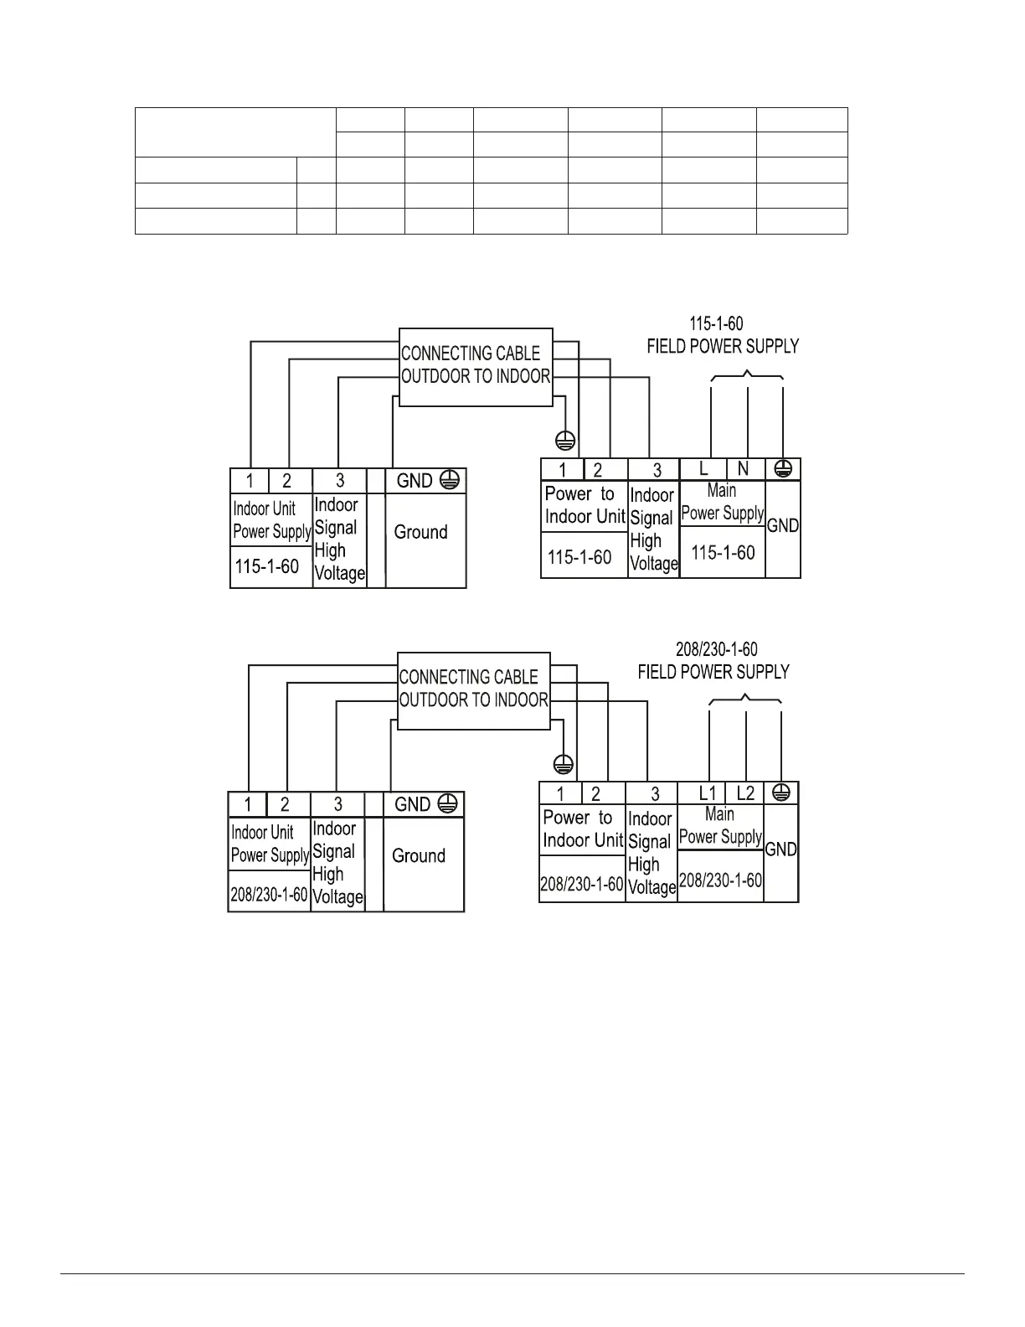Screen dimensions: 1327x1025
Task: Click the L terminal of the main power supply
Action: point(703,470)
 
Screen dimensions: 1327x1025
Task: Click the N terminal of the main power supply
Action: point(743,470)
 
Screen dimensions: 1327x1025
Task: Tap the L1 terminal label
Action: point(708,793)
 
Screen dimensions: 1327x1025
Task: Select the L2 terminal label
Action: point(744,793)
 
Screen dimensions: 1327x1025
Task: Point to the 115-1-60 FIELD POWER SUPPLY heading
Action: point(722,335)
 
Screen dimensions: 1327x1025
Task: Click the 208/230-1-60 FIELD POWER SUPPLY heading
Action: point(713,661)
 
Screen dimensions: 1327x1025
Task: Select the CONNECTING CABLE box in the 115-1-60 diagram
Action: point(476,366)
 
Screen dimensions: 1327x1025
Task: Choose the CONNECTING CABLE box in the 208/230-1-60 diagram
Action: point(473,689)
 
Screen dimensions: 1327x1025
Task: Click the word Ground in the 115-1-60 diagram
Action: point(420,532)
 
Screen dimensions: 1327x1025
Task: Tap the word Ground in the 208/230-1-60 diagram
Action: point(419,855)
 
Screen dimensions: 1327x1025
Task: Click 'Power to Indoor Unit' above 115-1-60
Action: point(584,505)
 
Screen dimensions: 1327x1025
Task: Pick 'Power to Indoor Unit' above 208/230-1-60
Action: point(582,829)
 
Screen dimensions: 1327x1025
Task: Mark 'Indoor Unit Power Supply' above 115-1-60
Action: point(271,520)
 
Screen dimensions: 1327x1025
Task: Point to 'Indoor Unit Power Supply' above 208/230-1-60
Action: point(270,844)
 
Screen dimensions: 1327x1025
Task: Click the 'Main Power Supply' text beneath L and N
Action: point(722,502)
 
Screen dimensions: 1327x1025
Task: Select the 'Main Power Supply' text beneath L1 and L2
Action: point(720,825)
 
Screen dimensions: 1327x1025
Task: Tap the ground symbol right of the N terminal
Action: point(784,469)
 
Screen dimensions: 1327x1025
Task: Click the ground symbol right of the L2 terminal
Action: point(781,793)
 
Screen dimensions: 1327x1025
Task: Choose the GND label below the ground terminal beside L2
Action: point(781,849)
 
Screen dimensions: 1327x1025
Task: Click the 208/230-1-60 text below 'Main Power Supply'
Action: point(720,880)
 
